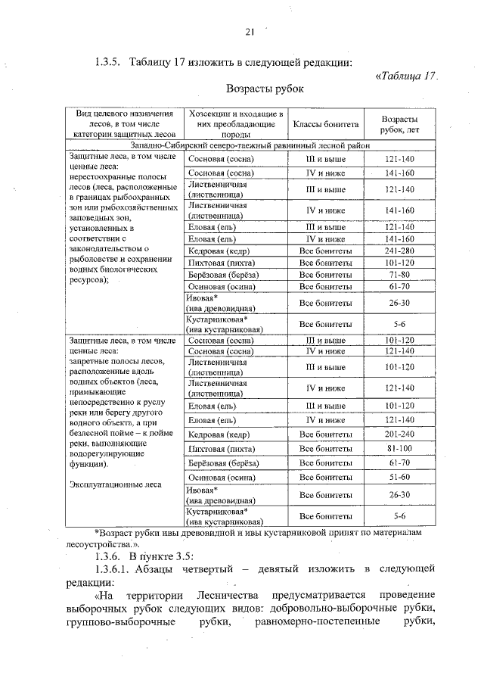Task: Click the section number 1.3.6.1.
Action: (116, 568)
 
